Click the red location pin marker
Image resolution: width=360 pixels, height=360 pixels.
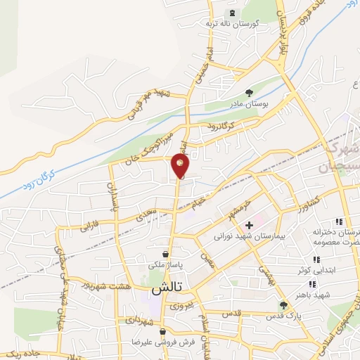(x=180, y=166)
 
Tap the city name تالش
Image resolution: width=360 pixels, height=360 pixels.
(x=167, y=289)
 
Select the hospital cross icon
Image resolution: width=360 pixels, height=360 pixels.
(x=249, y=225)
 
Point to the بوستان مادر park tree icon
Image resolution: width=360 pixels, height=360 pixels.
(x=249, y=92)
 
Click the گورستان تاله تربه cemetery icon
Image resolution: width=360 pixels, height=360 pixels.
(x=231, y=13)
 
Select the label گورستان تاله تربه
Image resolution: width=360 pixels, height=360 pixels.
(x=232, y=24)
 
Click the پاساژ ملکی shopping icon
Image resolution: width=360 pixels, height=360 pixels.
(x=165, y=254)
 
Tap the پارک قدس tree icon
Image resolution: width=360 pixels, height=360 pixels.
(x=283, y=305)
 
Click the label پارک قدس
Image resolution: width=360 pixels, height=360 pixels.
(x=283, y=316)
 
